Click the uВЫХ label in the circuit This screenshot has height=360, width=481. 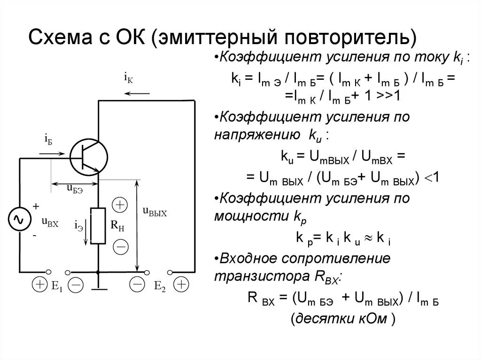[155, 212]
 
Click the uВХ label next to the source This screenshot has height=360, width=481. [50, 223]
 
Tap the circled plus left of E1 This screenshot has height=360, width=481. [39, 284]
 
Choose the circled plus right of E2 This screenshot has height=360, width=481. [180, 284]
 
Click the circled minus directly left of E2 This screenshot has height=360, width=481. [137, 284]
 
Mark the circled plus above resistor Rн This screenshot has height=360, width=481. [120, 205]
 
